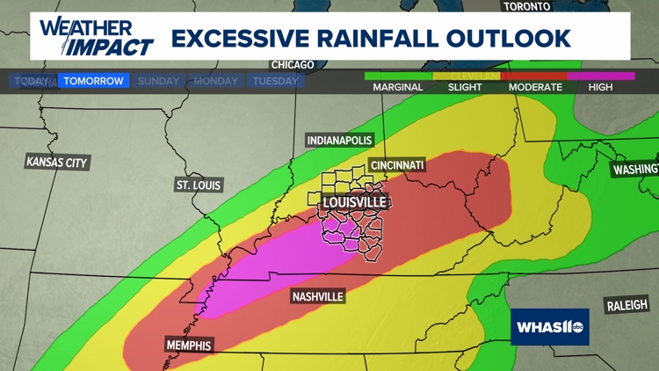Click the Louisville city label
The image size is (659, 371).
pyautogui.click(x=355, y=202)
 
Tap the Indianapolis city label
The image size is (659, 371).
pyautogui.click(x=339, y=141)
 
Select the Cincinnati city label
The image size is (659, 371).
pyautogui.click(x=397, y=165)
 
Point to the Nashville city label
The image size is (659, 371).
pyautogui.click(x=317, y=297)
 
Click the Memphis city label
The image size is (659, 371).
pyautogui.click(x=189, y=346)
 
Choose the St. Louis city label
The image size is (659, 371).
pyautogui.click(x=199, y=185)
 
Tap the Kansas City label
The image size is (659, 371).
pyautogui.click(x=57, y=162)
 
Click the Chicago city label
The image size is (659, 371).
pyautogui.click(x=293, y=65)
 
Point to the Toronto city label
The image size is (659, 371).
pyautogui.click(x=527, y=6)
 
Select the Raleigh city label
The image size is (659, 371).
pyautogui.click(x=627, y=306)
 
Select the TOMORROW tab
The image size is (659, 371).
pyautogui.click(x=93, y=81)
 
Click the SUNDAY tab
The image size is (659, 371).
pyautogui.click(x=158, y=81)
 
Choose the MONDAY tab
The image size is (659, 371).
pyautogui.click(x=215, y=81)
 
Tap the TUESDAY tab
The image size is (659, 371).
pyautogui.click(x=275, y=81)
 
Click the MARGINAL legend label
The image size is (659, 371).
pyautogui.click(x=398, y=87)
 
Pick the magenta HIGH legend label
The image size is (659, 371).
pyautogui.click(x=601, y=87)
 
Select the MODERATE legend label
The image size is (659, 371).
pyautogui.click(x=535, y=87)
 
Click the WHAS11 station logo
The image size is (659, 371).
pyautogui.click(x=550, y=327)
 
